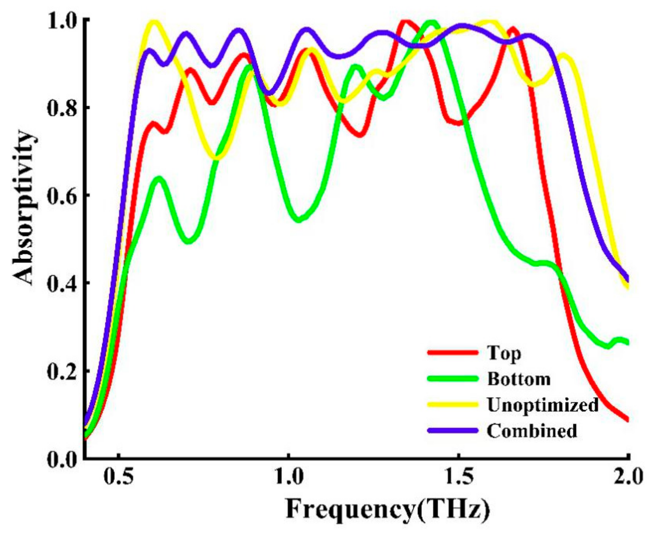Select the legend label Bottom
click(x=519, y=379)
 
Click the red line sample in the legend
click(x=452, y=353)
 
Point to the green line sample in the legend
click(x=452, y=378)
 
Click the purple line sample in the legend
click(x=452, y=430)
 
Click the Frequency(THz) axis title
click(x=388, y=511)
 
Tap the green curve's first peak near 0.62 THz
click(x=159, y=179)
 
